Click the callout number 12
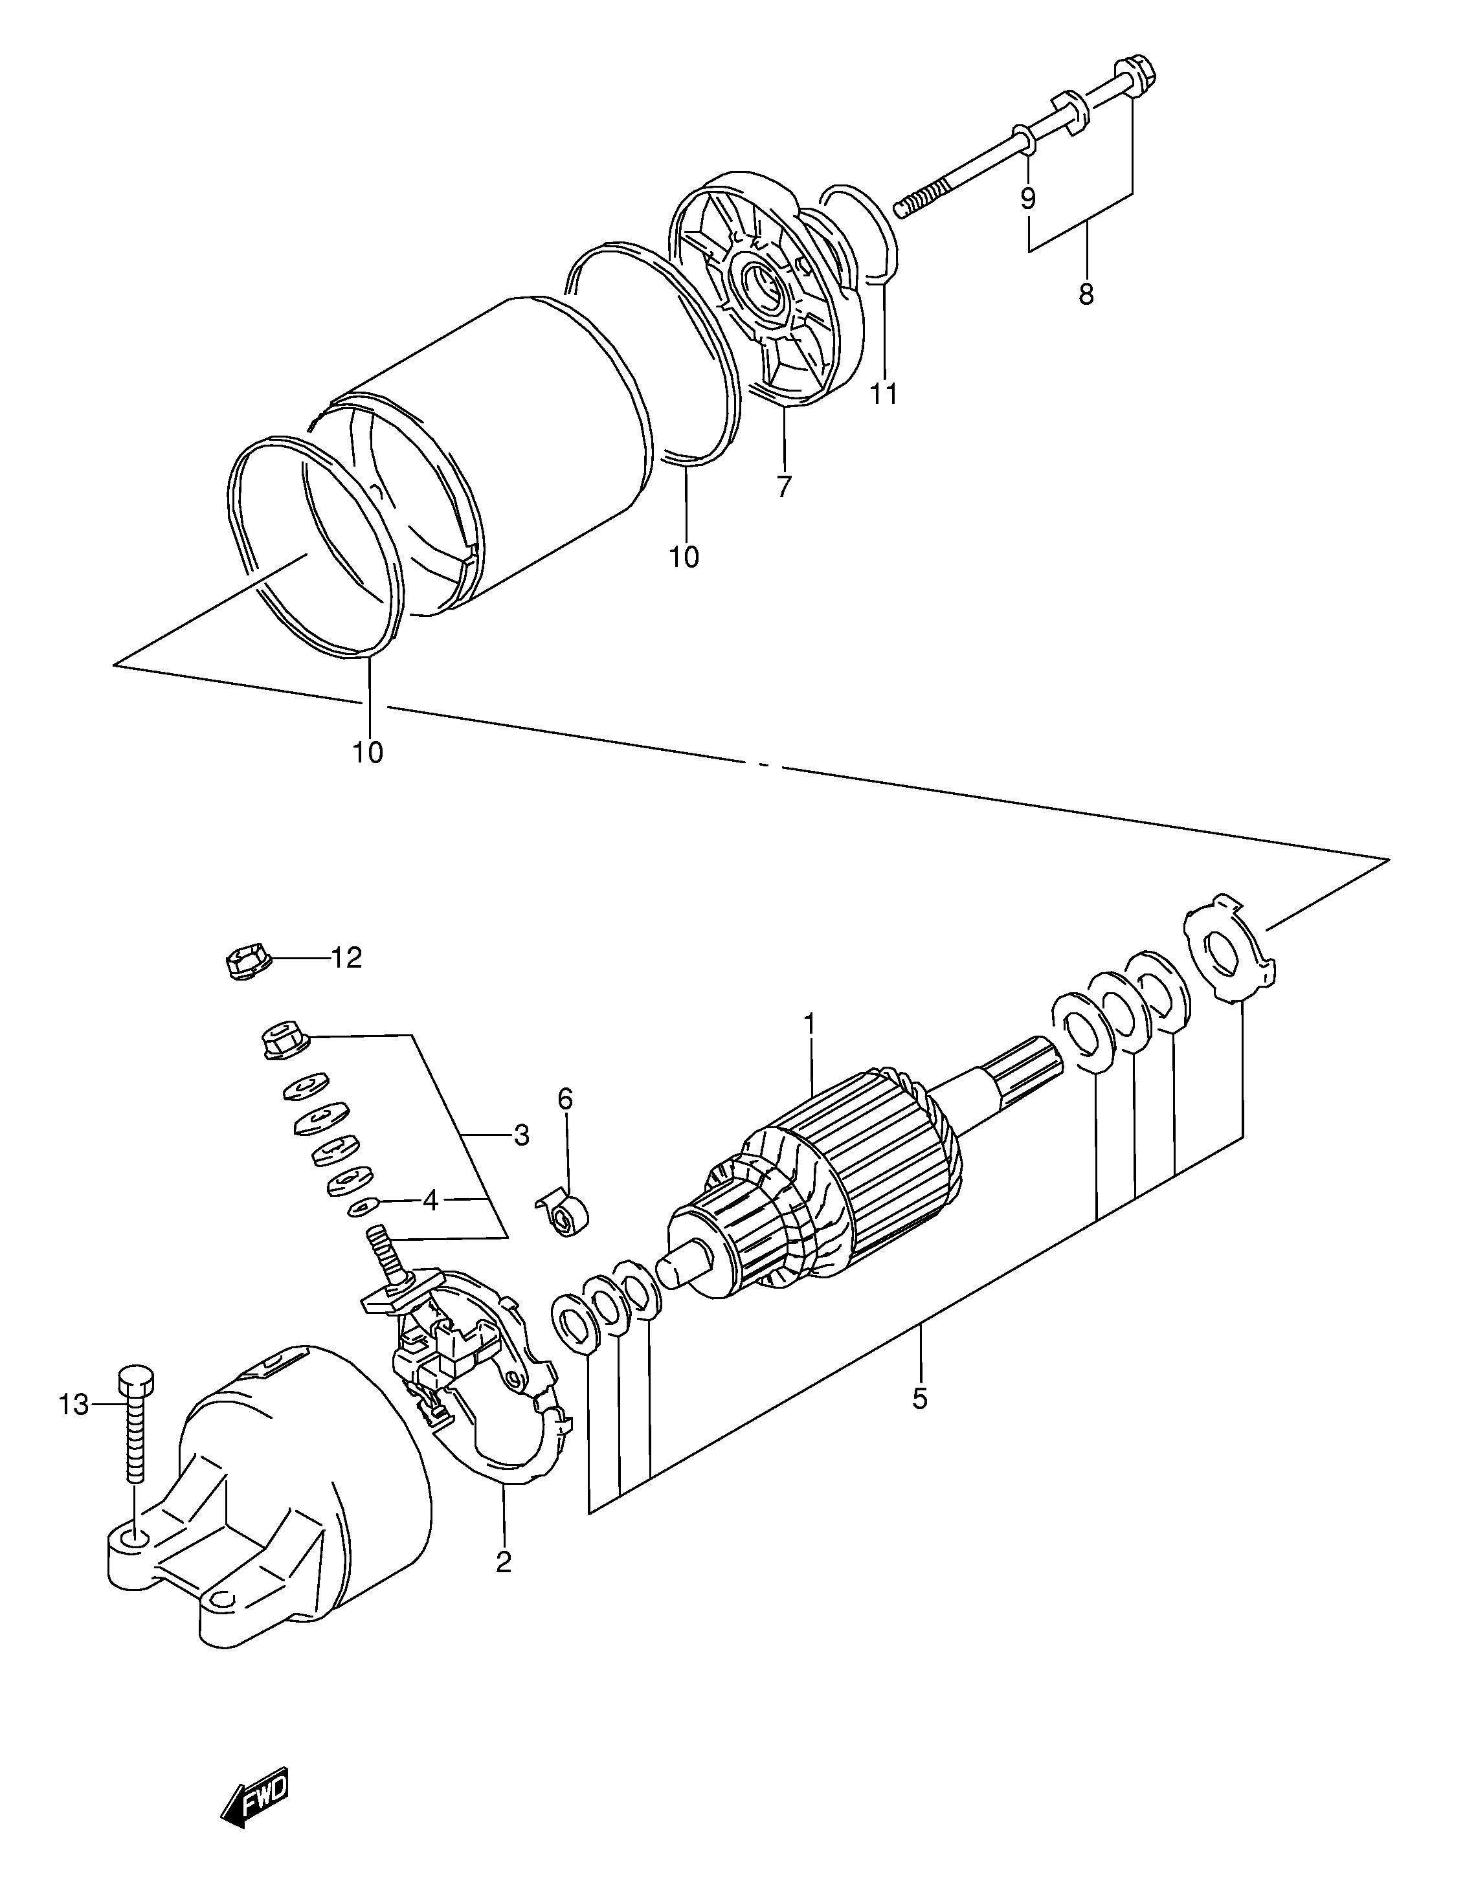coord(347,957)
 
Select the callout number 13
coord(74,1406)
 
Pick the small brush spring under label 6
coord(566,1217)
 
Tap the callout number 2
coord(503,1562)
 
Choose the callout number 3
coord(521,1136)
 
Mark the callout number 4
coord(430,1201)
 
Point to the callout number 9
coord(1028,199)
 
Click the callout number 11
coord(884,393)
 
